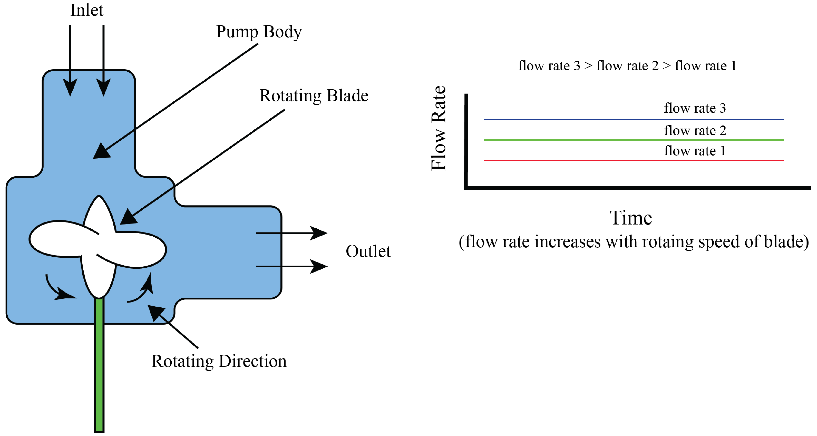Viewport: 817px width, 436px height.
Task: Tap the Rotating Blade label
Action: pyautogui.click(x=314, y=96)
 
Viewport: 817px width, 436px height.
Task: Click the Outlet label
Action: pyautogui.click(x=368, y=251)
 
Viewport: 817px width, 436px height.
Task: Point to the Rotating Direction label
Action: pyautogui.click(x=219, y=361)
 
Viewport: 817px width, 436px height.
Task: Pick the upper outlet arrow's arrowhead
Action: pyautogui.click(x=319, y=233)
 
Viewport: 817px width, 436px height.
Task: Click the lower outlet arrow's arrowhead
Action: pyautogui.click(x=319, y=266)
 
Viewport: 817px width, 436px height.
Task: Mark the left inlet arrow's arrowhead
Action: pyautogui.click(x=70, y=87)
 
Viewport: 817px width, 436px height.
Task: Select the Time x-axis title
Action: pyautogui.click(x=631, y=218)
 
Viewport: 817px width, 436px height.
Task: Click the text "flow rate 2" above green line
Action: pyautogui.click(x=695, y=130)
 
